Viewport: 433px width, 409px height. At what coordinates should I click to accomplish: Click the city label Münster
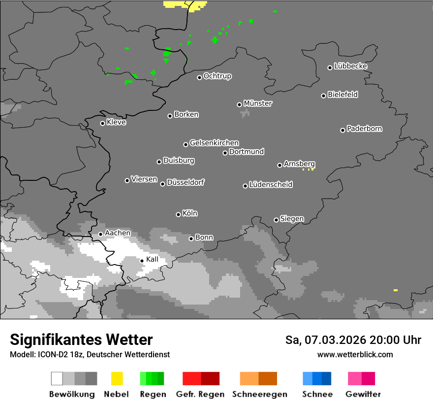click(258, 103)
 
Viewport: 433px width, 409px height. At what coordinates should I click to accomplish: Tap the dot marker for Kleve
click(102, 123)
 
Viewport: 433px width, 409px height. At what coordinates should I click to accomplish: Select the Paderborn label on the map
click(364, 129)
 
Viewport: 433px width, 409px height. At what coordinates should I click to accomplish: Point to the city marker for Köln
click(178, 214)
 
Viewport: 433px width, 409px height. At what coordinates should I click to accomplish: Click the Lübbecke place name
click(350, 66)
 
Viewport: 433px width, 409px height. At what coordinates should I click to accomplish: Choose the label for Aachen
click(118, 233)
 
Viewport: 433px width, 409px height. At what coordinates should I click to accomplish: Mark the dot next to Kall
click(142, 261)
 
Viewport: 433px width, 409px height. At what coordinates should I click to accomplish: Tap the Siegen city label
click(292, 219)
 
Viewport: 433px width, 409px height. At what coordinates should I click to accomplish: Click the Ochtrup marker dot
click(199, 77)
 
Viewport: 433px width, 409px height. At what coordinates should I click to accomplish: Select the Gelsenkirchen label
click(214, 143)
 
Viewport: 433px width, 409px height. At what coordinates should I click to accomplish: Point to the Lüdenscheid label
click(271, 185)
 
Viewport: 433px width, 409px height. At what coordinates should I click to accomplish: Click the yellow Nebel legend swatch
click(117, 378)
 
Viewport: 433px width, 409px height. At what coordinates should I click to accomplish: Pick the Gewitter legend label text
click(363, 394)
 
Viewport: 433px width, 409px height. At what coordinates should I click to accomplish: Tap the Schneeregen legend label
click(259, 394)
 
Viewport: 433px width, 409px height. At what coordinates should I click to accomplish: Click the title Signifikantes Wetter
click(81, 340)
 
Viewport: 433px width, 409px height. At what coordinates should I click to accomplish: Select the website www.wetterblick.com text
click(355, 354)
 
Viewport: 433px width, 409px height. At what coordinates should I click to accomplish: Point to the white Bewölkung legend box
click(57, 378)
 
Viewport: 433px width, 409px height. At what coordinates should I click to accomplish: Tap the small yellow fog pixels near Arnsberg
click(308, 170)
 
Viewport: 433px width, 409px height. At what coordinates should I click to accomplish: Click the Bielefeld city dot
click(323, 96)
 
